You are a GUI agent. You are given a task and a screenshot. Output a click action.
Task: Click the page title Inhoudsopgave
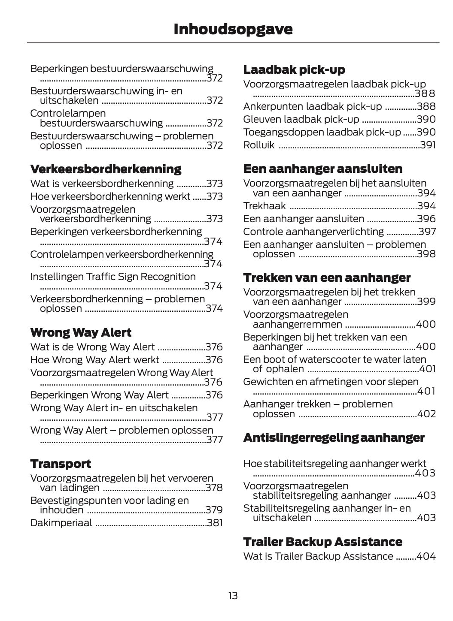tap(233, 29)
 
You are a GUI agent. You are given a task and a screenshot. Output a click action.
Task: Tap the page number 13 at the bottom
tap(233, 596)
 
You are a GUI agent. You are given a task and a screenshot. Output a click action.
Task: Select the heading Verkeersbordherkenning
tap(106, 169)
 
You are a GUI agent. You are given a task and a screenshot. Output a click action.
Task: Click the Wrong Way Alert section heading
tap(81, 333)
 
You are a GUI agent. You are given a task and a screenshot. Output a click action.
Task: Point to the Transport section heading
tap(61, 464)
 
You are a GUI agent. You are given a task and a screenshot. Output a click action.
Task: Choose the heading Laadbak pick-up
tap(294, 70)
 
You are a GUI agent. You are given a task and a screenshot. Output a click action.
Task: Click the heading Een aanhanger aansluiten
tap(322, 169)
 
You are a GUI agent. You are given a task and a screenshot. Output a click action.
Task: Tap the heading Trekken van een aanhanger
tap(327, 278)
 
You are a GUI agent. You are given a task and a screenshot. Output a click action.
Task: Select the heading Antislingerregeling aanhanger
tap(334, 438)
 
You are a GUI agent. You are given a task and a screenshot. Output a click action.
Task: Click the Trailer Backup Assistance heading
tap(322, 542)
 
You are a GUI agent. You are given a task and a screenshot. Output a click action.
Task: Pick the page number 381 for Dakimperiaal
tap(215, 523)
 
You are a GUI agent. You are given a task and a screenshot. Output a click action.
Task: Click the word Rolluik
tap(258, 145)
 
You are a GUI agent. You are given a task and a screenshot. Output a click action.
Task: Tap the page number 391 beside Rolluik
tap(428, 145)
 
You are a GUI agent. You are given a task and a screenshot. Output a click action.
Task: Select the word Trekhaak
tap(264, 206)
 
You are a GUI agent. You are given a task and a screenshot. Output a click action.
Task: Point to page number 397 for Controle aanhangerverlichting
tap(427, 232)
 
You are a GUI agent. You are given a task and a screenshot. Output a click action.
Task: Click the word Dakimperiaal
tap(61, 523)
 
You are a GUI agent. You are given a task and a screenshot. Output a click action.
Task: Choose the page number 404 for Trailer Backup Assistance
tap(426, 556)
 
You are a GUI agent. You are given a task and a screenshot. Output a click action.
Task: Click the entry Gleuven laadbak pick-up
tap(301, 119)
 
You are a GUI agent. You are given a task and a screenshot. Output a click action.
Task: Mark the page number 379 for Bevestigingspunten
tap(214, 510)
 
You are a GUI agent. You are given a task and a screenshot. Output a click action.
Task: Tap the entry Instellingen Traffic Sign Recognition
tap(113, 277)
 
